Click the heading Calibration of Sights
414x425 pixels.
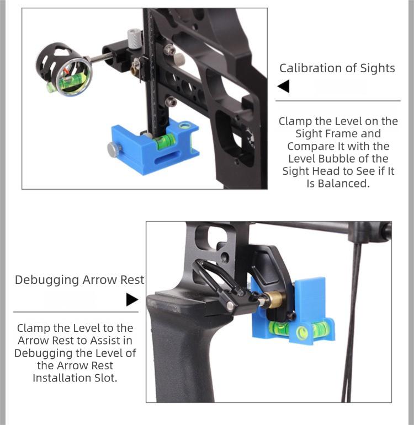pos(337,68)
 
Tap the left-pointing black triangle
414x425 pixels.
pos(283,87)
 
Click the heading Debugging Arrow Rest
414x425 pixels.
pos(79,279)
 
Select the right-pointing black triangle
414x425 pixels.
pos(132,299)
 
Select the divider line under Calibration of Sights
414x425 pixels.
pos(337,101)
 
